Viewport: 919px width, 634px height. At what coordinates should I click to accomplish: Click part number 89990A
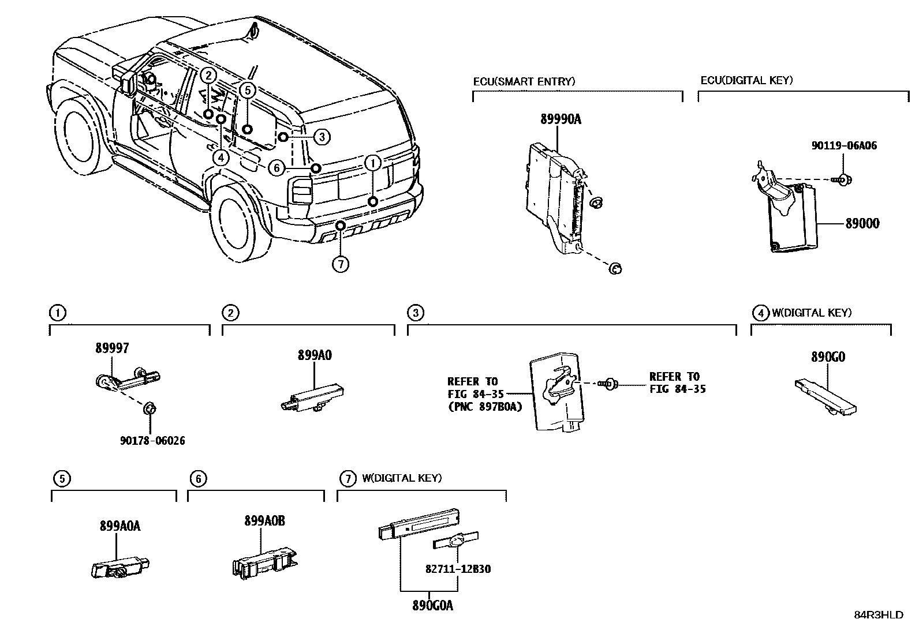coord(561,120)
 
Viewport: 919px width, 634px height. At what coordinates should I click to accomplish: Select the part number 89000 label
coord(862,224)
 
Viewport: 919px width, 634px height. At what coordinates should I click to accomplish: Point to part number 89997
coord(112,348)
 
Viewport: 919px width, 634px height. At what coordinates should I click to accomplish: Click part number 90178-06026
coord(152,441)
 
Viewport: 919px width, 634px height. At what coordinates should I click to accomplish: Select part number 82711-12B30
coord(458,569)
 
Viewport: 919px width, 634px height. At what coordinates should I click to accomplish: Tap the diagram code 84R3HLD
coord(879,615)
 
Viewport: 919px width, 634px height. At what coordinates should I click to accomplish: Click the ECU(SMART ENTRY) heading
coord(524,81)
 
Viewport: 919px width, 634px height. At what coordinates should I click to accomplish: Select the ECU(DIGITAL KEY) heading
coord(746,81)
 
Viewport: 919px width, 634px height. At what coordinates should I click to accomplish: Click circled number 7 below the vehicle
coord(341,264)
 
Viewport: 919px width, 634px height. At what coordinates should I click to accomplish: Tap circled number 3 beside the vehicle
coord(322,137)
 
